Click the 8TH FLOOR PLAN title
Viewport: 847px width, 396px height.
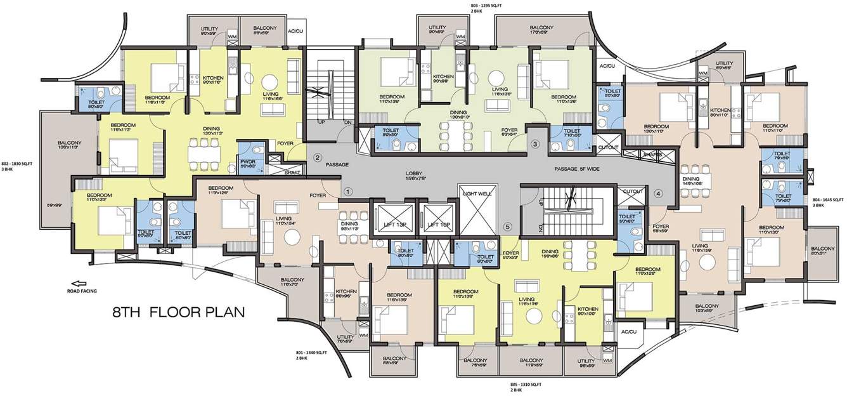coord(178,312)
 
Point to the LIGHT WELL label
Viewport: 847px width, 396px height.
coord(477,194)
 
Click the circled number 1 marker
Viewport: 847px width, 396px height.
coord(347,190)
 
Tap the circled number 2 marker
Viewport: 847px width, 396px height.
coord(318,157)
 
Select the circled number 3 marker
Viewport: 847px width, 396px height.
coord(535,145)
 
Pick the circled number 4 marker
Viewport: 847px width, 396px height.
coord(658,194)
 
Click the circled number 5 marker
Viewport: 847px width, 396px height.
coord(507,227)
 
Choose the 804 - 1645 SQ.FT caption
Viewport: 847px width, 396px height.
coord(828,202)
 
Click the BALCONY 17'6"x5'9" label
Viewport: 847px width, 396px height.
coord(541,30)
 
